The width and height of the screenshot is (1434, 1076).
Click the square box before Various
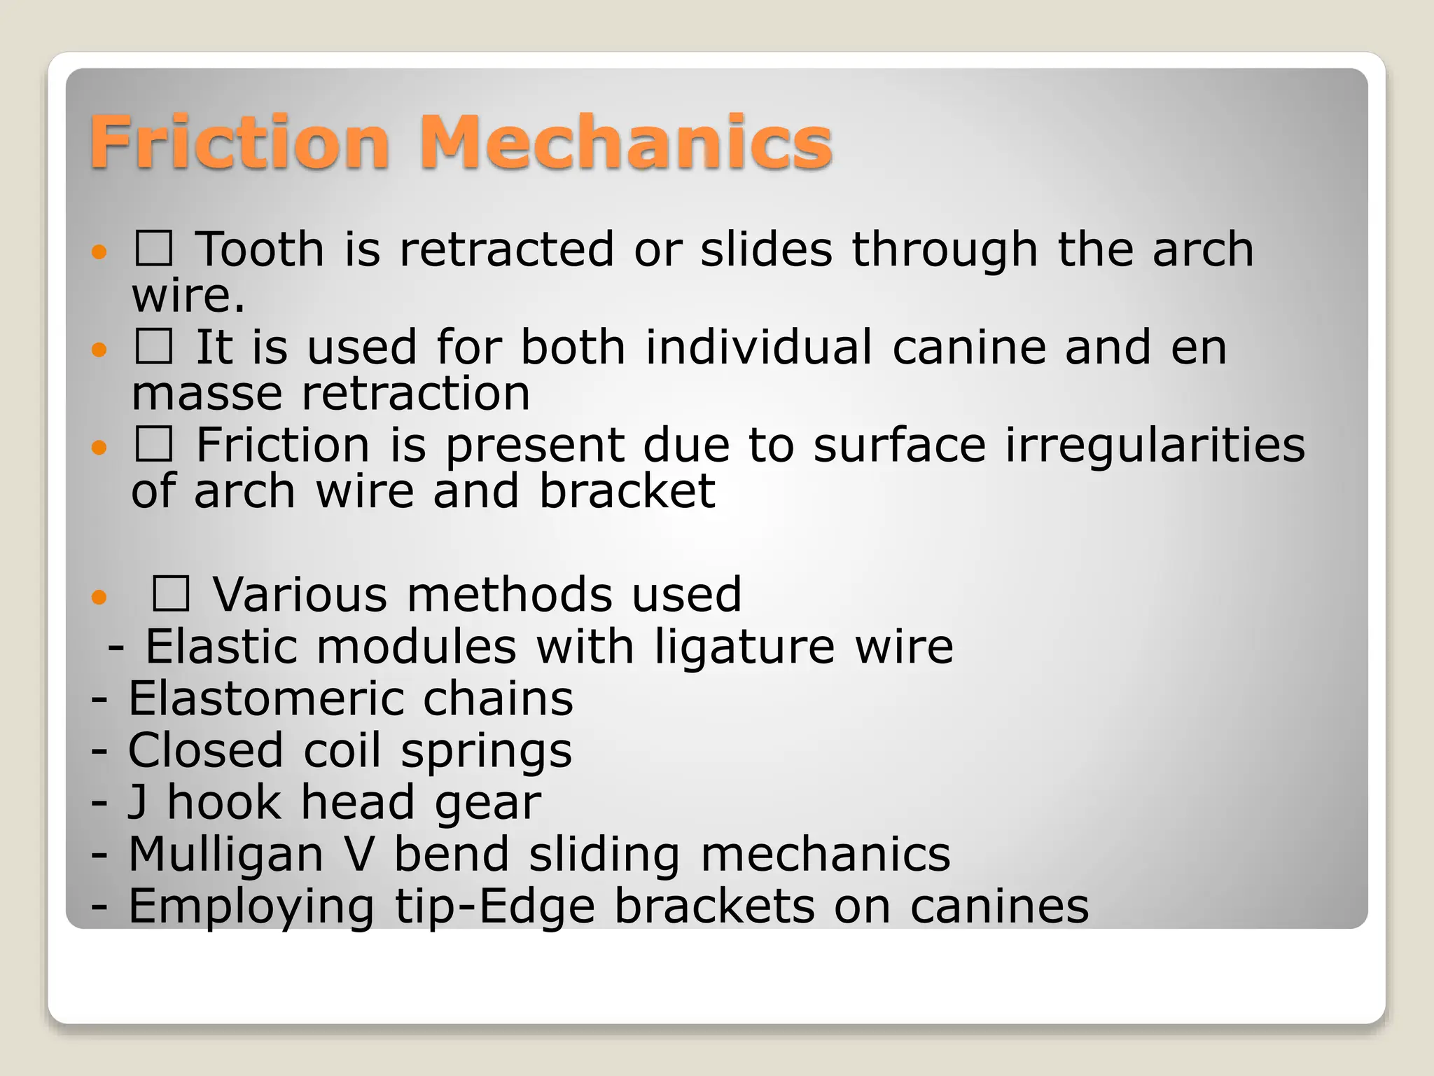click(171, 593)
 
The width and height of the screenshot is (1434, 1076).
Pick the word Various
click(300, 595)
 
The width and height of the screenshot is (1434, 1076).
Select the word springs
click(486, 752)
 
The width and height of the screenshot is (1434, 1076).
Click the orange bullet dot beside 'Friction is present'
click(99, 446)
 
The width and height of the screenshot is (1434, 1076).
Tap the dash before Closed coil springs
click(99, 751)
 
